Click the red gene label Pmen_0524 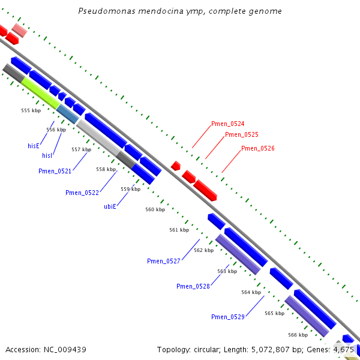click(x=227, y=124)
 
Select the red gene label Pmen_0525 click(x=241, y=135)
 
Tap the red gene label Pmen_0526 click(x=257, y=148)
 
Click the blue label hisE click(x=33, y=146)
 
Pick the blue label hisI click(x=47, y=156)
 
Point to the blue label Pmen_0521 click(x=55, y=172)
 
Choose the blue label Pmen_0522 click(x=82, y=193)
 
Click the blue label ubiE click(x=110, y=206)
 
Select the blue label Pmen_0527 click(x=164, y=261)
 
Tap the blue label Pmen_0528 click(x=193, y=287)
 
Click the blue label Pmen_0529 click(x=227, y=317)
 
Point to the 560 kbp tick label click(x=155, y=210)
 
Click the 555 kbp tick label click(x=31, y=111)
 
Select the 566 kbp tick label click(x=298, y=335)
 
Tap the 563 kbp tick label click(x=227, y=272)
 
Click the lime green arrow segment click(x=40, y=93)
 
